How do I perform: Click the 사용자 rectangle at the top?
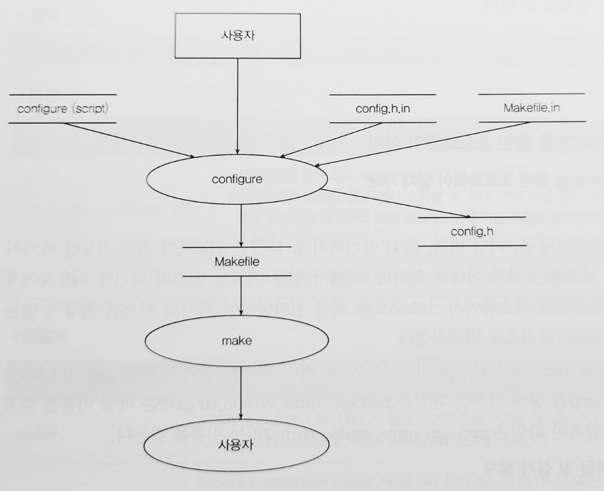pyautogui.click(x=237, y=35)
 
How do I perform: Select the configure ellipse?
pyautogui.click(x=237, y=179)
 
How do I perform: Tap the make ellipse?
pyautogui.click(x=237, y=341)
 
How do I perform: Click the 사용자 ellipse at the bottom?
pyautogui.click(x=237, y=443)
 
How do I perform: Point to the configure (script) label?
pyautogui.click(x=63, y=108)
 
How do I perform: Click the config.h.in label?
pyautogui.click(x=383, y=108)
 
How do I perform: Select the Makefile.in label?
pyautogui.click(x=532, y=108)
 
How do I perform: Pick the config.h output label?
pyautogui.click(x=471, y=231)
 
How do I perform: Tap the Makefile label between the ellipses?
pyautogui.click(x=237, y=261)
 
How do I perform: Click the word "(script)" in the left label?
pyautogui.click(x=89, y=108)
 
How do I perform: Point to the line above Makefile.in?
pyautogui.click(x=532, y=94)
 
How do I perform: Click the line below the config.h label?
pyautogui.click(x=471, y=245)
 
